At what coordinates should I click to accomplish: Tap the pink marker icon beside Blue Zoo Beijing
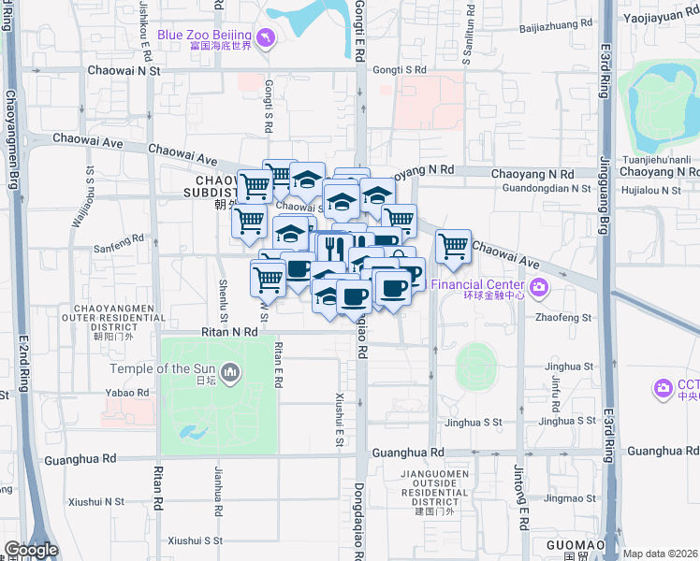pos(266,36)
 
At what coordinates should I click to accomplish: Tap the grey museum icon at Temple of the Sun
pos(231,374)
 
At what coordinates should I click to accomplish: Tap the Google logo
pos(31,550)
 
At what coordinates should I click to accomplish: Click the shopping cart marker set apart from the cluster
pos(453,247)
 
